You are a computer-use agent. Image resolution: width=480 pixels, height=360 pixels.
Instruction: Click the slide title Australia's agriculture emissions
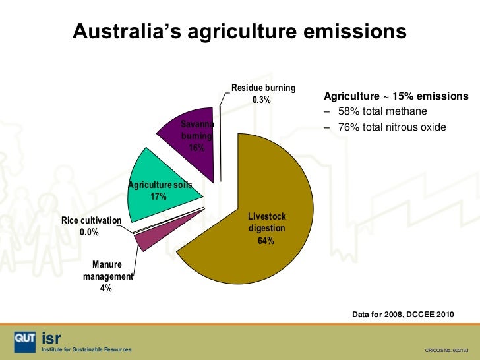click(x=239, y=31)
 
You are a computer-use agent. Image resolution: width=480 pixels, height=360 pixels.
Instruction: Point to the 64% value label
click(x=266, y=241)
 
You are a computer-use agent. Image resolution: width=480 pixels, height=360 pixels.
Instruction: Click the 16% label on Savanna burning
click(x=196, y=148)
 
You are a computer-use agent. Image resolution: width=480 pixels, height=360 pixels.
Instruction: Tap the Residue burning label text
click(x=263, y=88)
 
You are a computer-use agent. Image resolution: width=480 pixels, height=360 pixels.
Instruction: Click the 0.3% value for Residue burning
click(x=261, y=100)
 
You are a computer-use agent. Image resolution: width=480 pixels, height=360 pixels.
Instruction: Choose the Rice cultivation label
click(x=92, y=220)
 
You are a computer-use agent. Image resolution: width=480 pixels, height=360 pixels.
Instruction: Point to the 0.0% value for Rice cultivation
click(x=89, y=232)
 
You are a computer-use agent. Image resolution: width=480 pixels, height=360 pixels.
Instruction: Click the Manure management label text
click(x=107, y=271)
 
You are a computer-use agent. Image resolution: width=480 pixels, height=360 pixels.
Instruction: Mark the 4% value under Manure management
click(x=105, y=289)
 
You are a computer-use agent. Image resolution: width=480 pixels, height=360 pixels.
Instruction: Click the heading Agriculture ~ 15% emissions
click(x=396, y=96)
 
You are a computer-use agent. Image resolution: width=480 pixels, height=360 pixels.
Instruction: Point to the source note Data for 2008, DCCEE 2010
click(x=404, y=315)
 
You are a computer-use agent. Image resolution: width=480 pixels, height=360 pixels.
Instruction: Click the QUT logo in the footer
click(x=24, y=340)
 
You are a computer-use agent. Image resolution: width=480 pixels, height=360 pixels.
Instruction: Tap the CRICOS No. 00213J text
click(x=445, y=349)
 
